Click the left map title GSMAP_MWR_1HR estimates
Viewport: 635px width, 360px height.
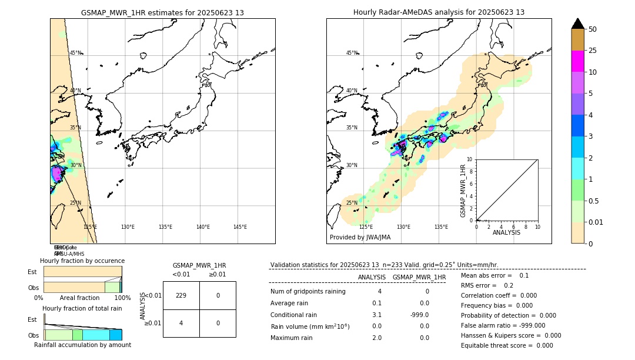tap(162, 12)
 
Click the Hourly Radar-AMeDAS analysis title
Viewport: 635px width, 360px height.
tap(439, 12)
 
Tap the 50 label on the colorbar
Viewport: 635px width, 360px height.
tap(593, 29)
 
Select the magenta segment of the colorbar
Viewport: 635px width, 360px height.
tap(577, 61)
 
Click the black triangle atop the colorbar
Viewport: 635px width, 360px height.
tap(577, 24)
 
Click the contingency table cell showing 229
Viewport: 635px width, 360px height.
tap(181, 295)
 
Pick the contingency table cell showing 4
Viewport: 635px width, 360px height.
tap(181, 323)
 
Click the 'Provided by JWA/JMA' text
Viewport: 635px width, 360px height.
tap(360, 238)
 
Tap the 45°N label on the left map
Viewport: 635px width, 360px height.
tap(76, 53)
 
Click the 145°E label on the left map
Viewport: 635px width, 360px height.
tap(240, 227)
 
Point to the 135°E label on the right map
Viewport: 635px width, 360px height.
tap(441, 227)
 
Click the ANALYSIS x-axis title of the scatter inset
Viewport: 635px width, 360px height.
tap(506, 232)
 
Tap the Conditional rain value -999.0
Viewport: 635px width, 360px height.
tap(419, 315)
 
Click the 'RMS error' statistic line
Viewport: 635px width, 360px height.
tap(487, 285)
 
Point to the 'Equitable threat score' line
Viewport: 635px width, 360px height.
tap(507, 345)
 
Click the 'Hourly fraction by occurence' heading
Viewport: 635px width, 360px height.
tap(82, 261)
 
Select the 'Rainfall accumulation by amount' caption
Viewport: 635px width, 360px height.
tap(82, 345)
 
